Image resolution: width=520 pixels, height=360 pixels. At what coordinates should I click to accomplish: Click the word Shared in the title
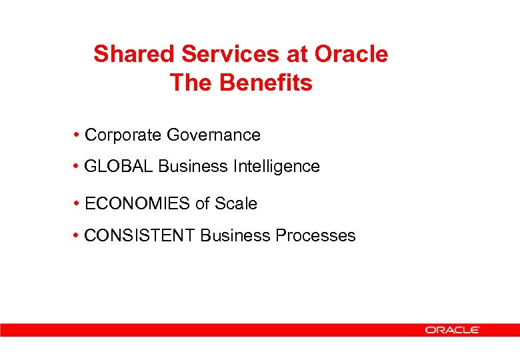point(127,54)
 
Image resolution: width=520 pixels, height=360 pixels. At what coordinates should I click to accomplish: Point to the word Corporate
point(123,135)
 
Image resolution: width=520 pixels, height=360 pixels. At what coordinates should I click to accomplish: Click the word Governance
point(213,135)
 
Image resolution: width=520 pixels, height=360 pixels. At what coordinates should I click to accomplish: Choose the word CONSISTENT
point(141,235)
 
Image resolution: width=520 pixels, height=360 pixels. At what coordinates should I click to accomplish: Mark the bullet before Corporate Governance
point(78,135)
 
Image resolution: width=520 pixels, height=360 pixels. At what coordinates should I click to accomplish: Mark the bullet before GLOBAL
point(78,166)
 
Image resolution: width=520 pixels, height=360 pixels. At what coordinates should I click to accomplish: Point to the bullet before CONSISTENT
point(78,235)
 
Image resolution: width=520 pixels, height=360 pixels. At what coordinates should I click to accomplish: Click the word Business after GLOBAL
point(193,166)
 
